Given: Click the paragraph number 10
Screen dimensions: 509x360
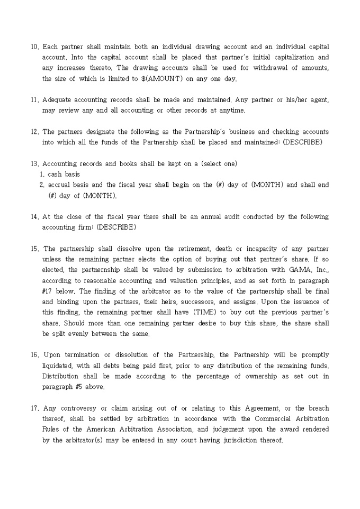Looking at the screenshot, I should (34, 47).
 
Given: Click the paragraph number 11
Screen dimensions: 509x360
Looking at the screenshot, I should (34, 99).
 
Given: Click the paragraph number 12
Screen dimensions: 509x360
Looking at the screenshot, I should (34, 132).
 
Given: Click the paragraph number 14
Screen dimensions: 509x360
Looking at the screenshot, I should (34, 216).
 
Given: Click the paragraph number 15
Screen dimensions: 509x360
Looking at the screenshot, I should (34, 249).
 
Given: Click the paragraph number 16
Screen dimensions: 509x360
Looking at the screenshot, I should (34, 355).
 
